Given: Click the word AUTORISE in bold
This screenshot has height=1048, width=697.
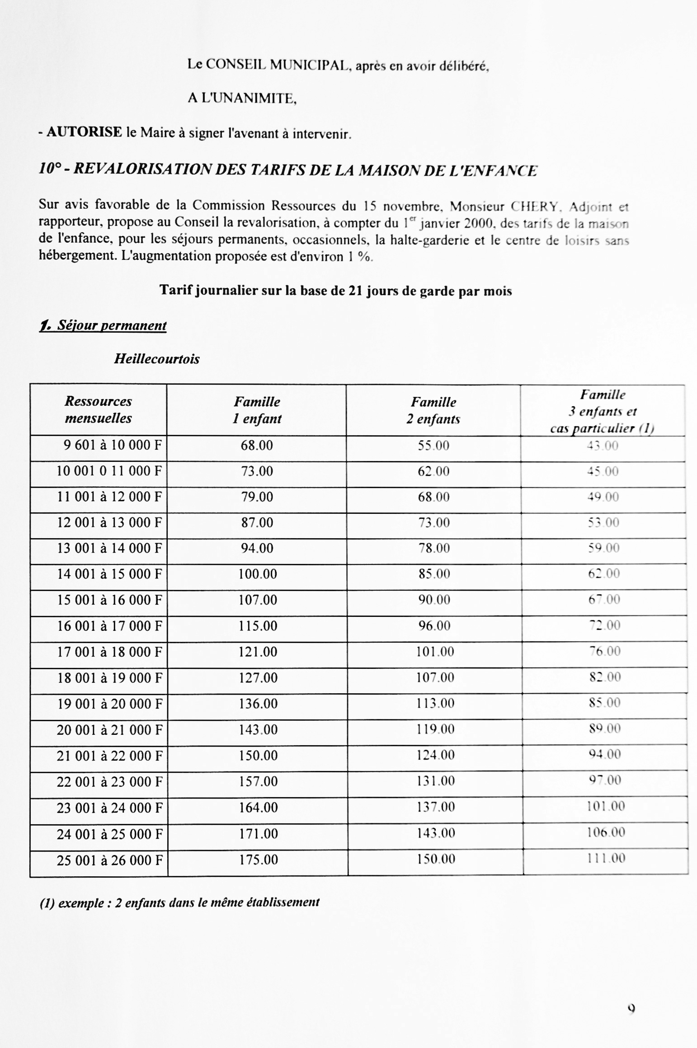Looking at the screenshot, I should click(85, 132).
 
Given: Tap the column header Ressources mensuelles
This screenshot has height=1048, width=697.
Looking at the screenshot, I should click(98, 409).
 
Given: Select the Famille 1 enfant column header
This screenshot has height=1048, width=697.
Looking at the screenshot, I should click(257, 410).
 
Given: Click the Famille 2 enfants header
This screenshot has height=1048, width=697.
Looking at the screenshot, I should click(433, 410).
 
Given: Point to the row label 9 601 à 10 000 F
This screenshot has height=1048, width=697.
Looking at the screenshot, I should click(113, 445).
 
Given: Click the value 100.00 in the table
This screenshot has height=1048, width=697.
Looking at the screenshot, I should click(258, 574).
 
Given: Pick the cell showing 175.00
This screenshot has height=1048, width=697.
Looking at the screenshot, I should click(258, 859).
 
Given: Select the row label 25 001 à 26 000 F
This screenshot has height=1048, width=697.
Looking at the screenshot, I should click(109, 860).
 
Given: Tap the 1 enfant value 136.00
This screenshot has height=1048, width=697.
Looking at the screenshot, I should click(258, 703).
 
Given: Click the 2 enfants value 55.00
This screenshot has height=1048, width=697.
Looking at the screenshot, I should click(433, 446).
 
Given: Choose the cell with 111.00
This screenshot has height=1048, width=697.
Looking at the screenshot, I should click(606, 858).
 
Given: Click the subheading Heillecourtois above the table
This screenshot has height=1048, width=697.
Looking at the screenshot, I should click(156, 359).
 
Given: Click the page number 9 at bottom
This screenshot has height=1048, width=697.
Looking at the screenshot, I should click(631, 1009).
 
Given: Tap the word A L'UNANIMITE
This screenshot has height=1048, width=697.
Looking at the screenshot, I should click(242, 98).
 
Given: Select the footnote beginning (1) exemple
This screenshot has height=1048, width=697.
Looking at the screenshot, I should click(179, 902).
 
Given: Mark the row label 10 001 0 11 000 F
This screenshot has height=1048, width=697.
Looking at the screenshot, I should click(109, 471).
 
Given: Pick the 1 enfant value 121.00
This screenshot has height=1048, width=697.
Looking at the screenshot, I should click(258, 652).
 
